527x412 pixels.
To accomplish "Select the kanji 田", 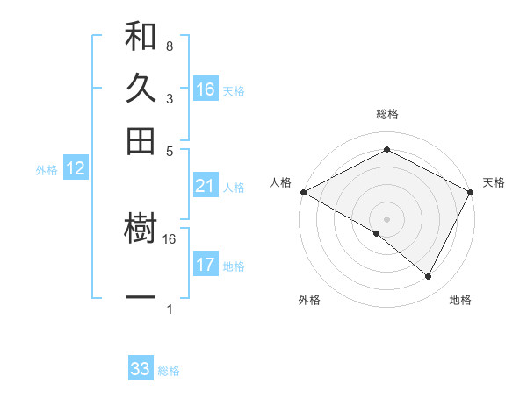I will (141, 140).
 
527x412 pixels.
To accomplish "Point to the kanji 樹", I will (141, 230).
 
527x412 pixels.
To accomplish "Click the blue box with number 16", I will (206, 89).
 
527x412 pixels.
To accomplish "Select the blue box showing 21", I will (206, 186).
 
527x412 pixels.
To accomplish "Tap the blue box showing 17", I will (206, 265).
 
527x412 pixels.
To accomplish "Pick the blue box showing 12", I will (76, 169).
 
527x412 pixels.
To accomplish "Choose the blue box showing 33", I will (141, 369).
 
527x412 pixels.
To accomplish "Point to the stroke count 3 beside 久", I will (169, 98).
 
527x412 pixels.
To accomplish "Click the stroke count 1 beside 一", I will (169, 309).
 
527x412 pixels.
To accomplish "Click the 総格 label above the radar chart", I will (387, 114).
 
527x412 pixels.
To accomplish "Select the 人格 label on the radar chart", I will (281, 182).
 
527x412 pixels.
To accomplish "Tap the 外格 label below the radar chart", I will (309, 300).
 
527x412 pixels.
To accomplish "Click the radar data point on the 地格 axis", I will (429, 277).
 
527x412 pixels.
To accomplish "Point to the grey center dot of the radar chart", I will (387, 218).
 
